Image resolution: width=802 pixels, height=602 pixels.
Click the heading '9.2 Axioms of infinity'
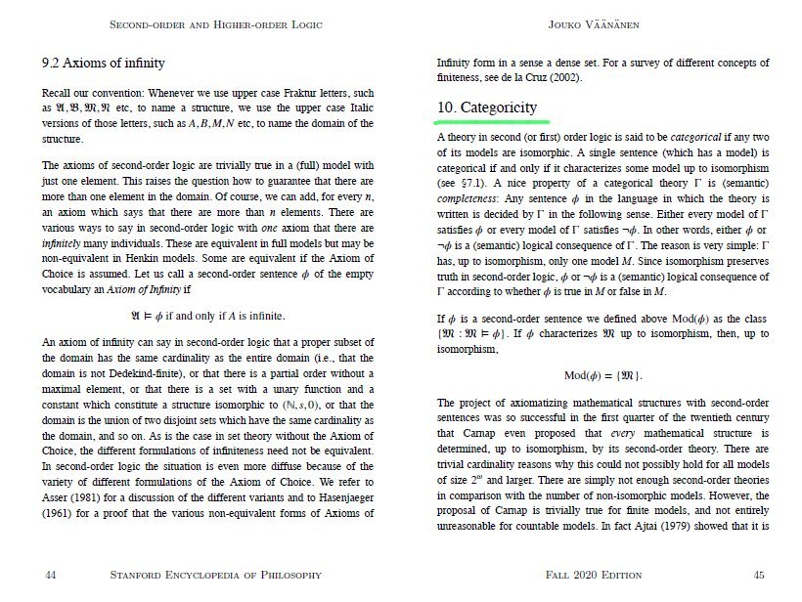[x=98, y=64]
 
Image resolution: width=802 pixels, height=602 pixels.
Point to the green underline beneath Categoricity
[x=486, y=122]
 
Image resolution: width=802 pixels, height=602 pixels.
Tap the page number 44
[x=51, y=575]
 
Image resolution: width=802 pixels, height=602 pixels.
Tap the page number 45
[x=758, y=575]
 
